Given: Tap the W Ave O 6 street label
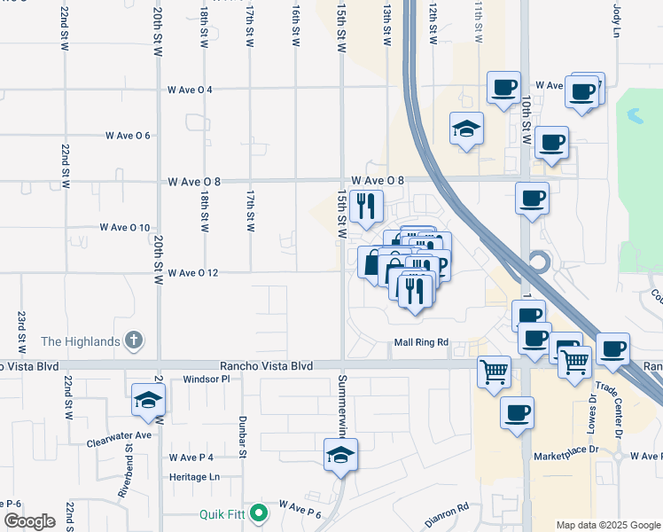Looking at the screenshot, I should [128, 136].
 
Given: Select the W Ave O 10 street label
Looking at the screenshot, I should [125, 228].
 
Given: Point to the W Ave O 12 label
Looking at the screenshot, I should [192, 273].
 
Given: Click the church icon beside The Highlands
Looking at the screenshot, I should [133, 340].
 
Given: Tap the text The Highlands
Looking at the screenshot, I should [80, 341].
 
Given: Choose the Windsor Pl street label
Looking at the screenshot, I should [207, 379].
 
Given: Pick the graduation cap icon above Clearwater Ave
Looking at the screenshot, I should [149, 400].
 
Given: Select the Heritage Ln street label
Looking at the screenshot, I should [194, 476].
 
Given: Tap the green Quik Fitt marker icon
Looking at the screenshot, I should [258, 512].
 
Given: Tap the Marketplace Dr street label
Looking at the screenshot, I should [566, 456].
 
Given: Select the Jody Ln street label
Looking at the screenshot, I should [617, 20].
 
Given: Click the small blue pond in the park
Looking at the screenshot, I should [635, 116].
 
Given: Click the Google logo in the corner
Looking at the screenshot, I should [29, 521].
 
